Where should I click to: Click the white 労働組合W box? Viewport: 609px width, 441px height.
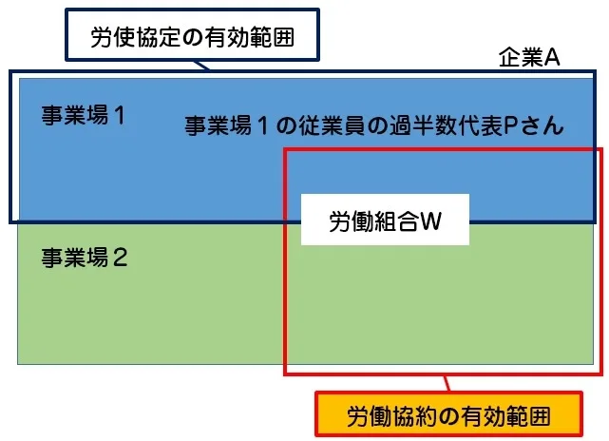pos(385,221)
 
